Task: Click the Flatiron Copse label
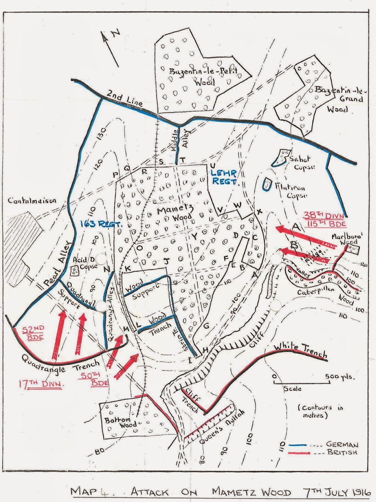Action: pos(291,191)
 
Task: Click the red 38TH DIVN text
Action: pos(324,216)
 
